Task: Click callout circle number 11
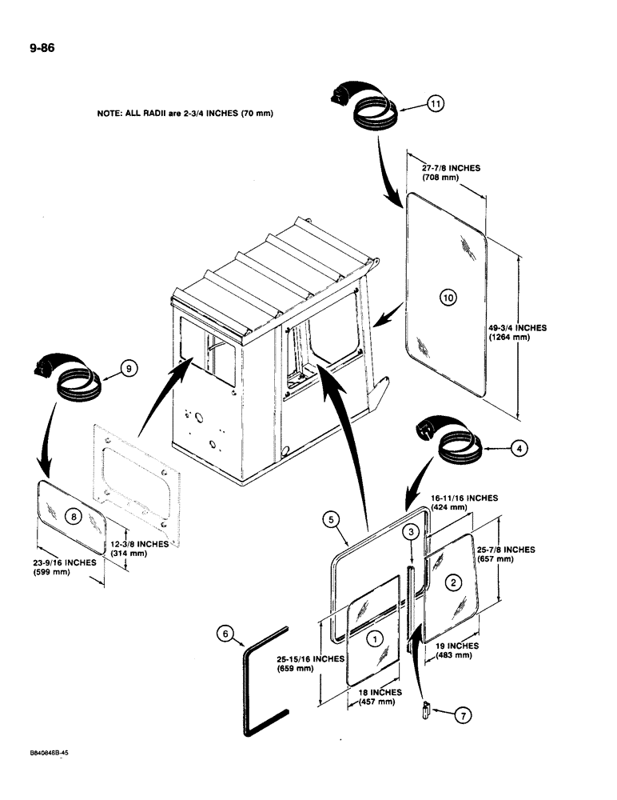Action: (434, 103)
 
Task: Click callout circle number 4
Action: (519, 449)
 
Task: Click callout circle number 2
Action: (453, 582)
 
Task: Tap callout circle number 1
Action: (373, 638)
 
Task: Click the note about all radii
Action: (185, 114)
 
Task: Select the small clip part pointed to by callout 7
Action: (427, 707)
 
